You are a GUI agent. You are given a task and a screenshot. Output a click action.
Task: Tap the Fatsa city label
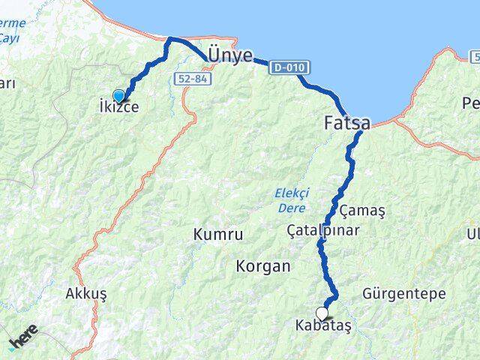(346, 122)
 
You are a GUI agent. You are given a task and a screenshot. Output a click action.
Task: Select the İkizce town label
(118, 107)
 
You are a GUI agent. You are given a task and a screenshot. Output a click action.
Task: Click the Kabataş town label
(323, 327)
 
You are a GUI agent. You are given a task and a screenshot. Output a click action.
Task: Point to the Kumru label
(217, 235)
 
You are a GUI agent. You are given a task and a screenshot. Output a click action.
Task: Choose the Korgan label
(262, 265)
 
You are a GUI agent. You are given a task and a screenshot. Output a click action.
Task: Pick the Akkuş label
(86, 293)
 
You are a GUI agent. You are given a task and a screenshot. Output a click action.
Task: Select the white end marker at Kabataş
(322, 313)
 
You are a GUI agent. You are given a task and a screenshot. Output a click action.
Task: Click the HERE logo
(22, 339)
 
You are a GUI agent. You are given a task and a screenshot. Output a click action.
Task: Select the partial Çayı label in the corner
(9, 37)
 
